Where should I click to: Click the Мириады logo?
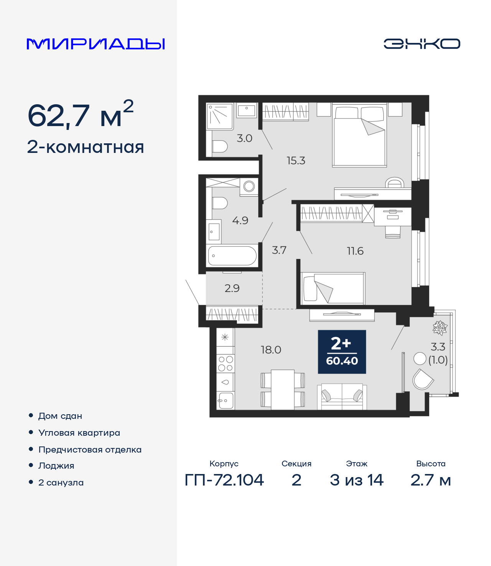tap(96, 44)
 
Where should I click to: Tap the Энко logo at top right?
tap(422, 44)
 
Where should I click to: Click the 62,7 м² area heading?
tap(81, 114)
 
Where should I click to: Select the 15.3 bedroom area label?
tap(296, 161)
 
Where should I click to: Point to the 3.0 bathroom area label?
tap(244, 138)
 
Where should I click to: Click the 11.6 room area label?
tap(355, 251)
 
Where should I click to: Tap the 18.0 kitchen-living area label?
tap(271, 349)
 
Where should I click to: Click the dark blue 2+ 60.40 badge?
tap(342, 352)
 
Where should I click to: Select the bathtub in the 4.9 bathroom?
tap(232, 256)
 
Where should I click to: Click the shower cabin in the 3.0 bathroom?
tap(219, 116)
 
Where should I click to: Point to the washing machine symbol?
tap(249, 187)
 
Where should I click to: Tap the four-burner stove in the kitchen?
tap(225, 364)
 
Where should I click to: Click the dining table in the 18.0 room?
tap(283, 390)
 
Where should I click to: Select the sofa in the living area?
tap(342, 397)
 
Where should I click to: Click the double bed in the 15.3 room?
tap(359, 135)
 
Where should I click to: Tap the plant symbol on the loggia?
tap(440, 328)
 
